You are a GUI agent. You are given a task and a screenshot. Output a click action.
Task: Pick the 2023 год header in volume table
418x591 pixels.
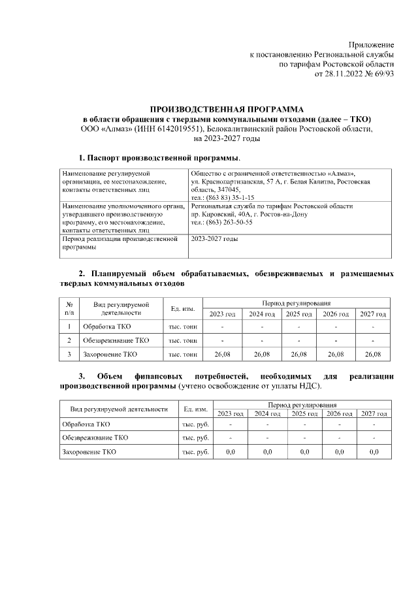tap(222, 314)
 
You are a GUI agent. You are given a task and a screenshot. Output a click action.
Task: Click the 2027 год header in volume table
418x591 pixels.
tap(372, 314)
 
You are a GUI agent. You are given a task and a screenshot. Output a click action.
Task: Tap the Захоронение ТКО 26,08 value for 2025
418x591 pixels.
tap(298, 354)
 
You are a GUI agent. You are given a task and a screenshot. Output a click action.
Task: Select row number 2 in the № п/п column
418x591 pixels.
tap(69, 340)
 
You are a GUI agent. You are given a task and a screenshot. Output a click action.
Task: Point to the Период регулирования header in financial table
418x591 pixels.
tap(300, 406)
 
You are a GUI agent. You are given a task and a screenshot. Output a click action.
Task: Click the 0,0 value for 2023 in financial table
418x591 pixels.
tap(230, 451)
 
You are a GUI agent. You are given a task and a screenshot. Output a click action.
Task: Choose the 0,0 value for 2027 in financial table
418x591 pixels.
tap(374, 451)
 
